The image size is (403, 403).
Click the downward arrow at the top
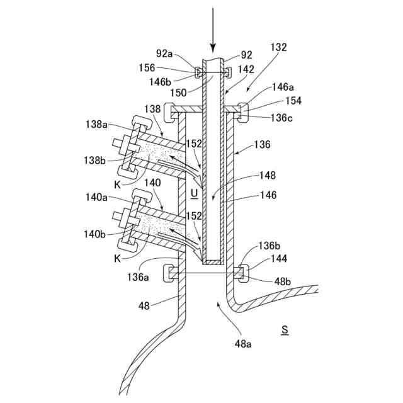coord(213,28)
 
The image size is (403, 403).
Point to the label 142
coord(247,69)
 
